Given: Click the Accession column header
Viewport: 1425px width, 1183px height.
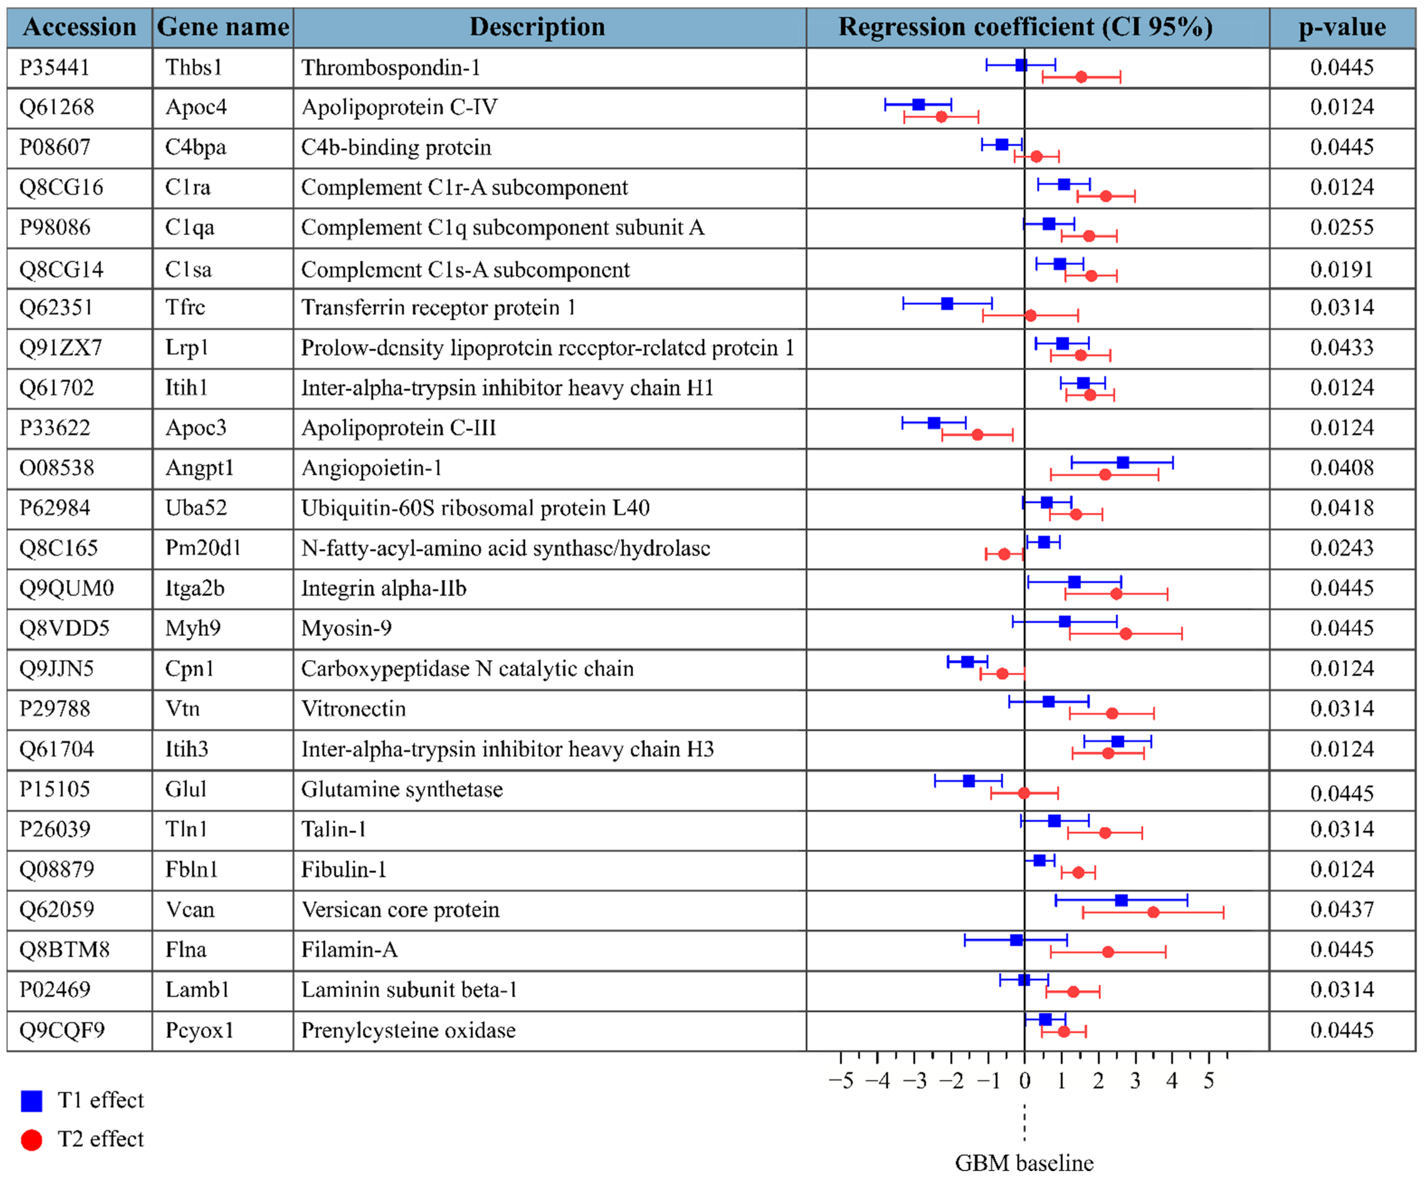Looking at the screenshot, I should (79, 27).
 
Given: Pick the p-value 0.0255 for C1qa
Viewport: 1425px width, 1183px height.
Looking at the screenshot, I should (1341, 227).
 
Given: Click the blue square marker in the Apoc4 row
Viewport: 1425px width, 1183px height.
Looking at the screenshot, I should (918, 105).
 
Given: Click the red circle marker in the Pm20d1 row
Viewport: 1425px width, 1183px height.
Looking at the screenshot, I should (1004, 554).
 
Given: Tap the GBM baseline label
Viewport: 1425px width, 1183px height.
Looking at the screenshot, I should (1024, 1163).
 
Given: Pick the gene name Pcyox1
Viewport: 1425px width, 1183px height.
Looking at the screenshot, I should (199, 1030).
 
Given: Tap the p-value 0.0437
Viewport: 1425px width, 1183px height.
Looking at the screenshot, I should (1341, 909).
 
